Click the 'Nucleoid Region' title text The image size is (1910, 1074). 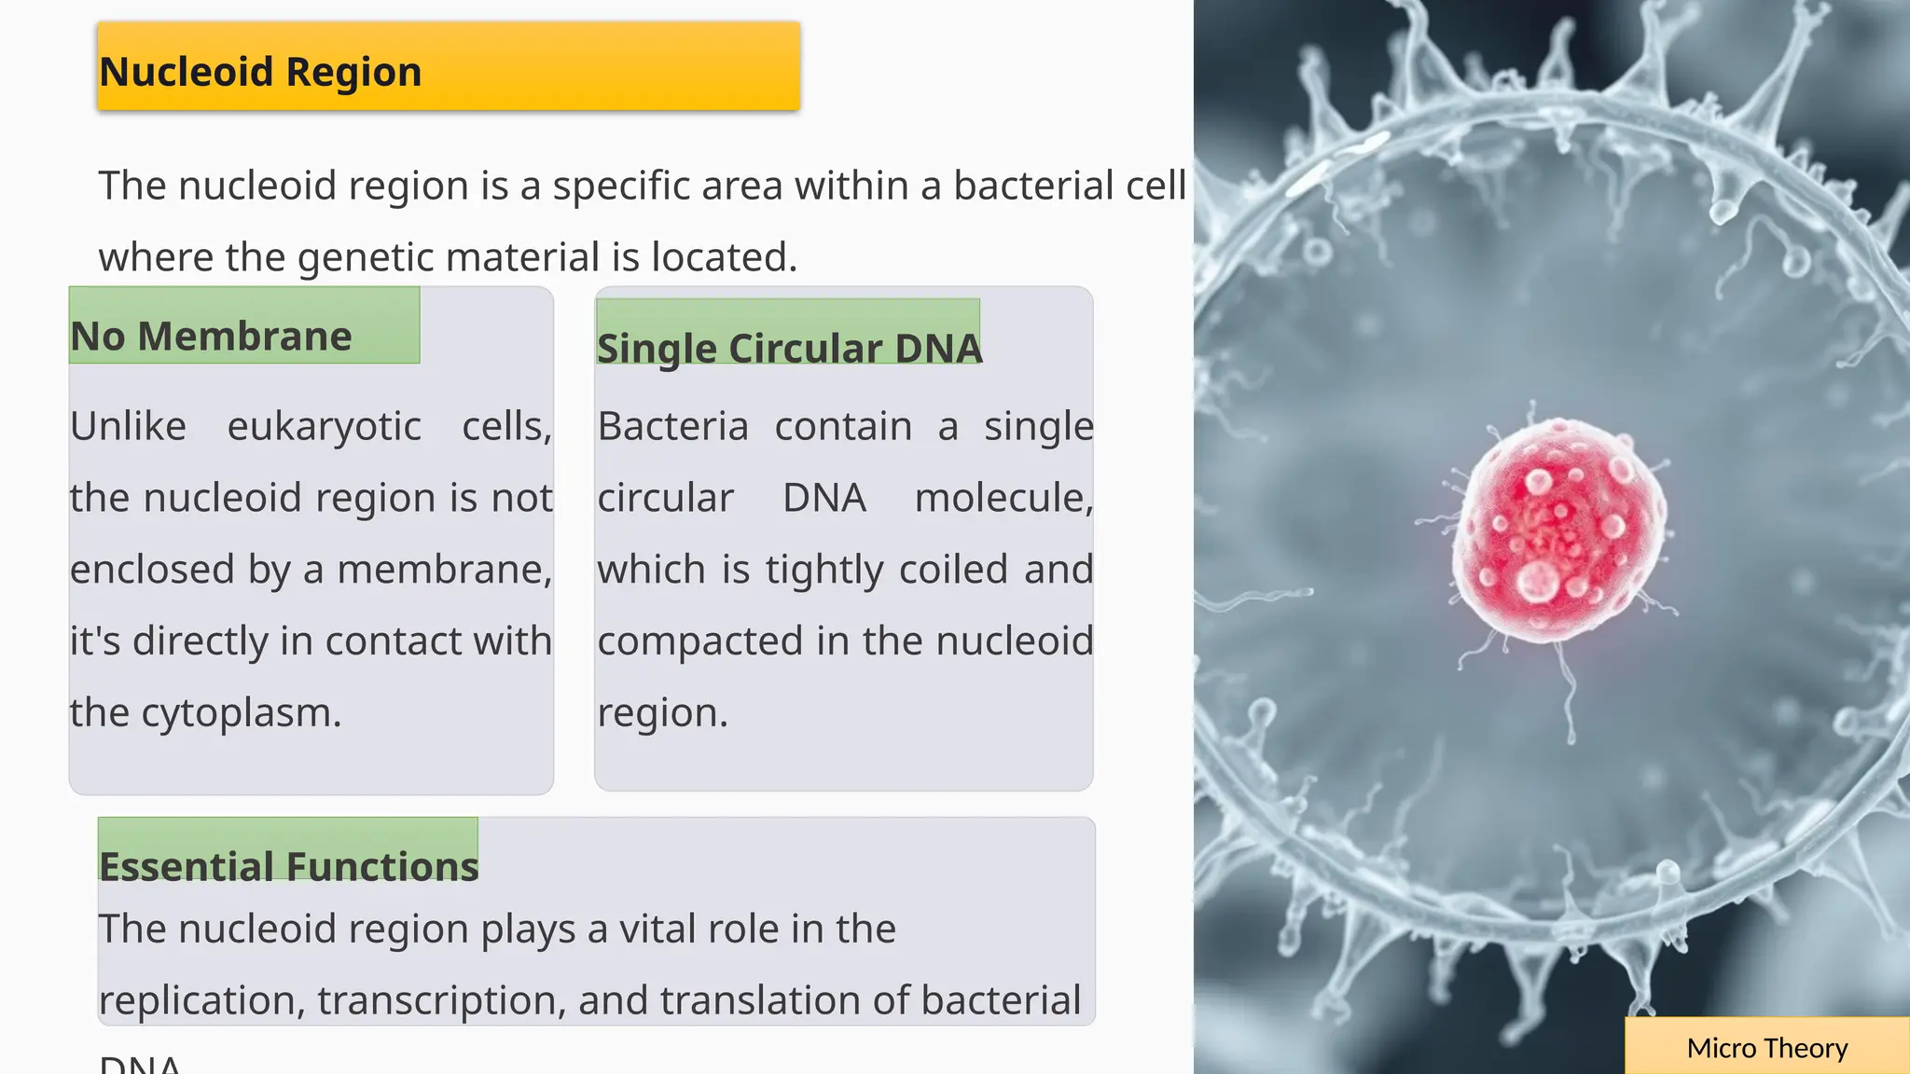tap(260, 72)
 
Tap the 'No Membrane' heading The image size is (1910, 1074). tap(212, 337)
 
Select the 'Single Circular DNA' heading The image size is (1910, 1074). tap(789, 349)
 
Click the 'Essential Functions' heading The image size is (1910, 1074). tap(288, 866)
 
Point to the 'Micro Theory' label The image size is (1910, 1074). tap(1766, 1048)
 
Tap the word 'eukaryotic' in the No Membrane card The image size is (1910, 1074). tap(324, 427)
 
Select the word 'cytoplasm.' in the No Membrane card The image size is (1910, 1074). tap(242, 713)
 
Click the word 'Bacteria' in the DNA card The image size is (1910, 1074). tap(672, 427)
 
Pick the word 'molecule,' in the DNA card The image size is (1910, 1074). tap(1003, 498)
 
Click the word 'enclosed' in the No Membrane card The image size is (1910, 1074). tap(152, 570)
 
